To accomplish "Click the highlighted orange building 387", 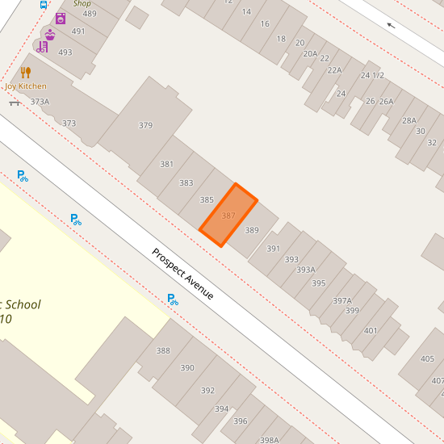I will pos(228,216).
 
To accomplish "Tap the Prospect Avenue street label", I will pos(183,274).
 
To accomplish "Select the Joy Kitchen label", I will pos(26,86).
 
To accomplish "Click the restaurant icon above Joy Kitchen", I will pos(26,73).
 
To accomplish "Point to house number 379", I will pos(145,125).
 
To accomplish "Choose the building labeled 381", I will pos(166,164).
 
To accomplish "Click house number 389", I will pos(252,230).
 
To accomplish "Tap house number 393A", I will pos(306,270).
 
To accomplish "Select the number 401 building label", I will pos(371,330).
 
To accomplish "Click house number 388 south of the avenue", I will pos(163,350).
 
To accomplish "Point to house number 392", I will pos(207,391).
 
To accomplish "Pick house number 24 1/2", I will pos(372,75).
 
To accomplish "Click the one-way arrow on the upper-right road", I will pos(392,25).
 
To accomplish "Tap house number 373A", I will pos(40,102).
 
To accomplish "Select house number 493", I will pos(65,52).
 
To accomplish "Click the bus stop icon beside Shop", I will pos(43,4).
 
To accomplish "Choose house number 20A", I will pos(310,53).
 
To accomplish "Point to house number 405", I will pos(427,359).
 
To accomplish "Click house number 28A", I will pos(408,121).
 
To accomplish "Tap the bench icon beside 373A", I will pos(15,103).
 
